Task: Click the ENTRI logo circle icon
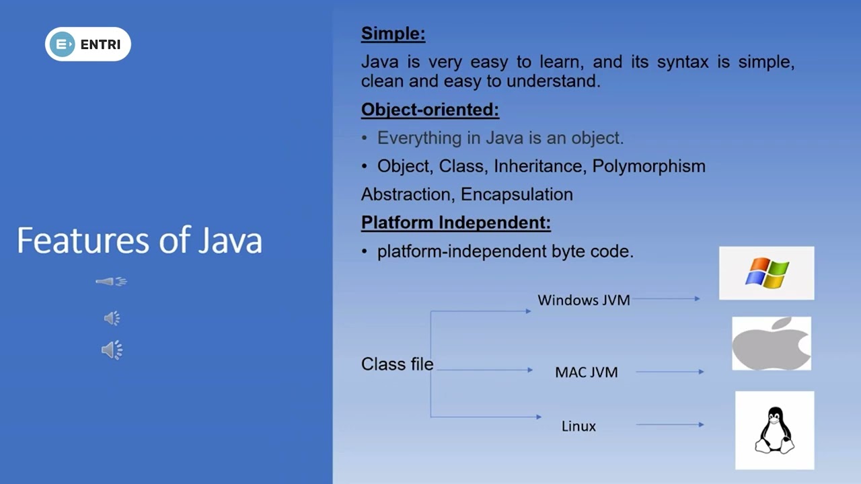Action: pos(62,44)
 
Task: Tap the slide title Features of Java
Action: pos(139,240)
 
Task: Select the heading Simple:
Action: pos(393,34)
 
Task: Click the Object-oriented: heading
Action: pos(430,110)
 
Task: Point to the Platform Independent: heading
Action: pos(456,223)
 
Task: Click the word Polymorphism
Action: pos(648,166)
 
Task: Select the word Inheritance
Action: pos(539,166)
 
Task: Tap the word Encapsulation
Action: pos(517,194)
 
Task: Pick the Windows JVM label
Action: pos(583,300)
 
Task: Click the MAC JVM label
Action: pos(586,372)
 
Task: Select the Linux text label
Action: pos(578,426)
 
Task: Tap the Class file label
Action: pos(397,364)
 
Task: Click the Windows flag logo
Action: pos(766,273)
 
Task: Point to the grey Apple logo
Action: pos(772,344)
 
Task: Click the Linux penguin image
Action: pos(774,430)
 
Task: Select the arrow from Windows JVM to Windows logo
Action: pos(666,298)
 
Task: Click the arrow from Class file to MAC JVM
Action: pos(485,370)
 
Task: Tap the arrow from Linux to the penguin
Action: pos(670,424)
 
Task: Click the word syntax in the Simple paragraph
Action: pos(683,63)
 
